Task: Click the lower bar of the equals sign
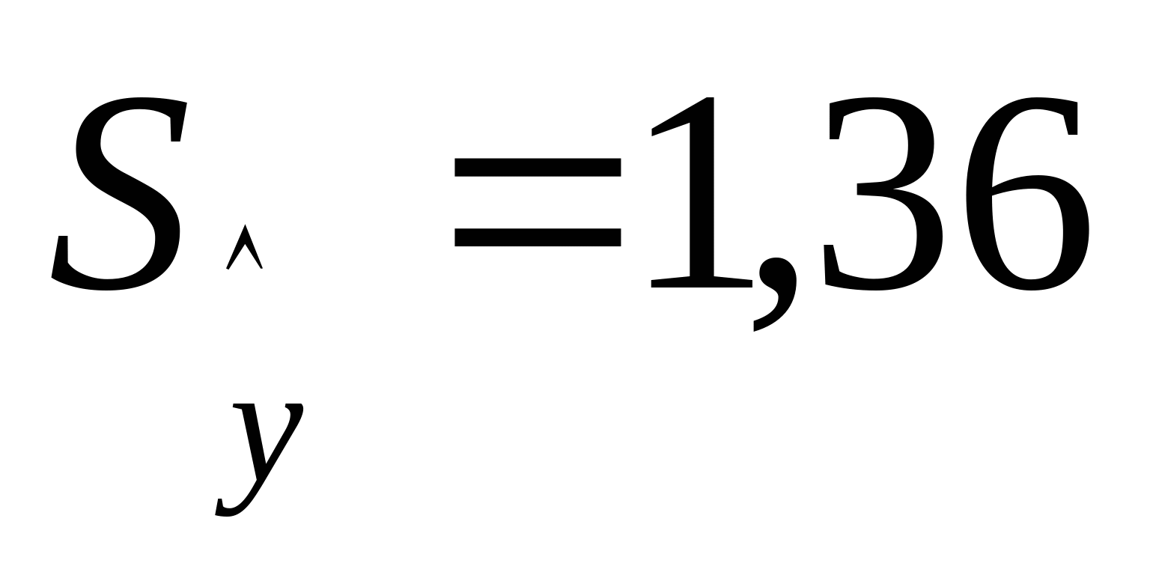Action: click(538, 237)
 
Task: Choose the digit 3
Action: click(880, 195)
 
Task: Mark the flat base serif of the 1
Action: click(702, 282)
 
